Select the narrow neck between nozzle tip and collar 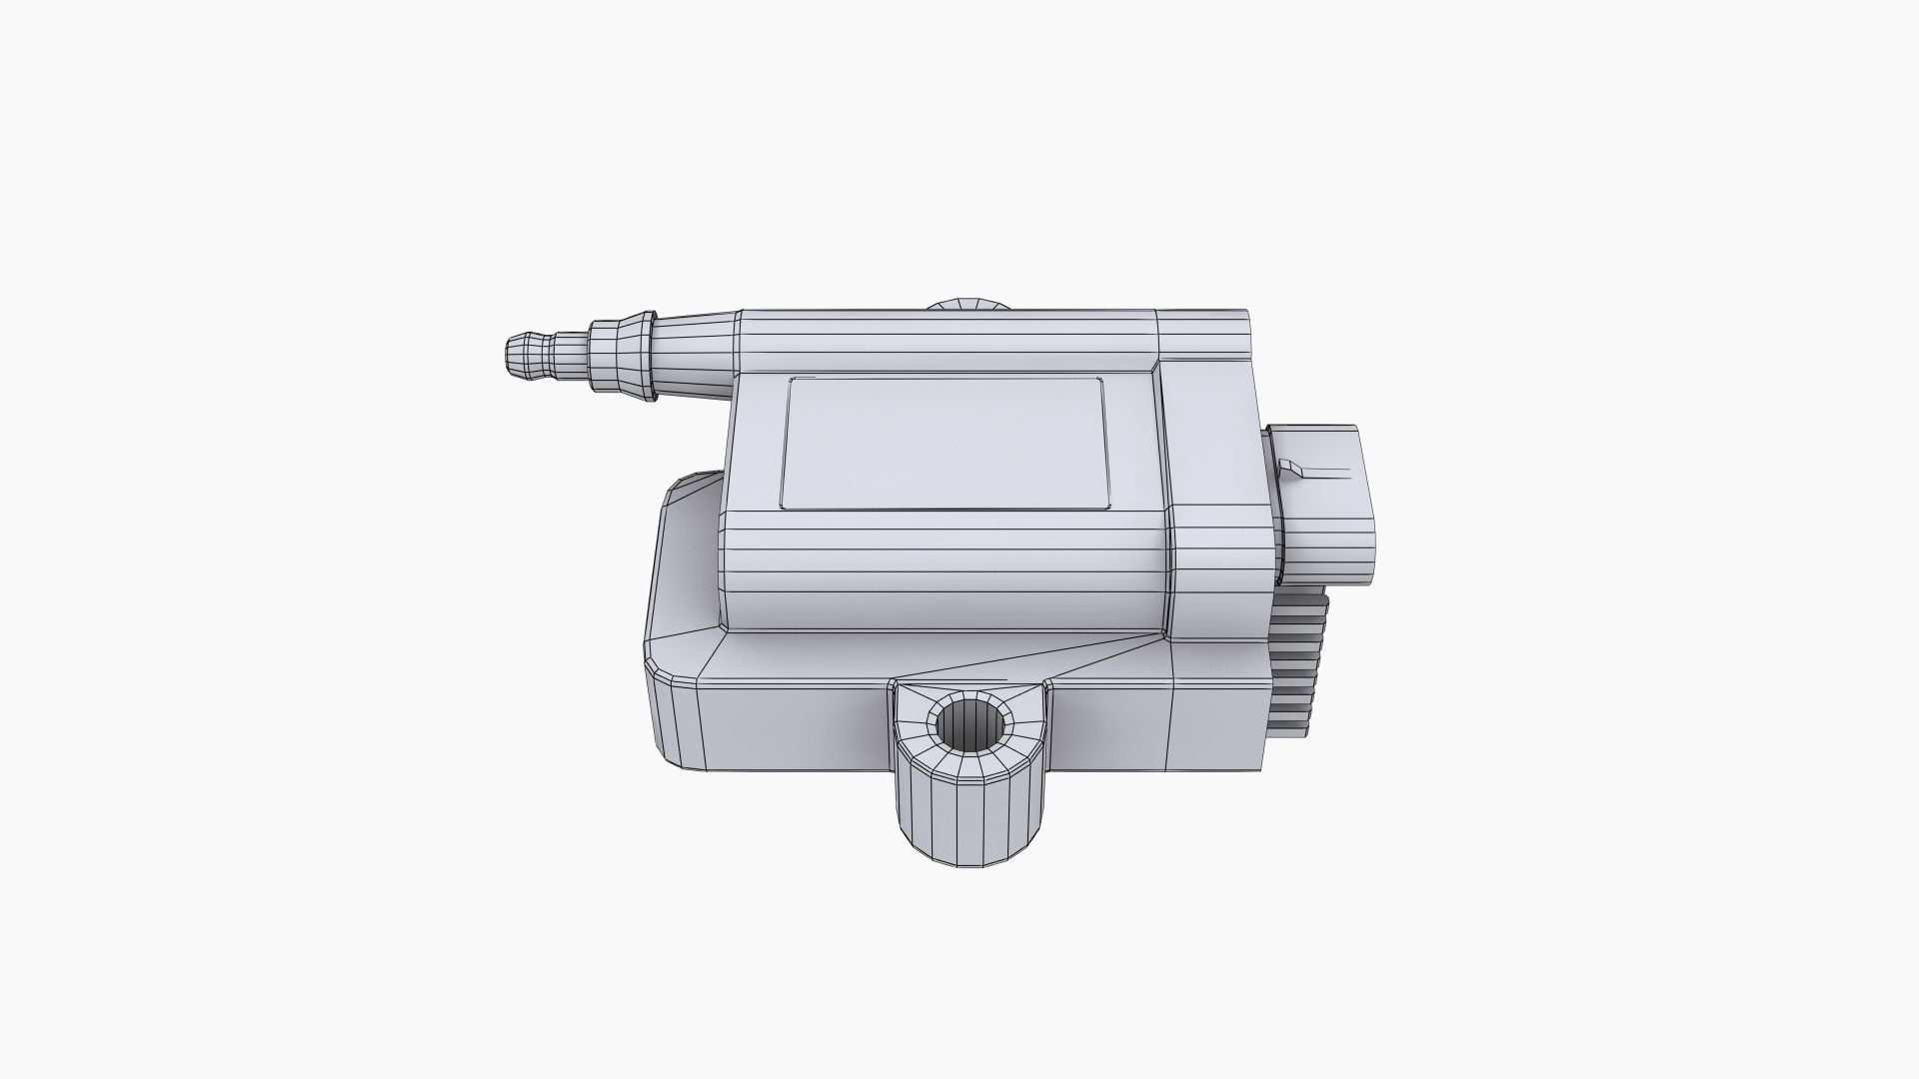tap(569, 358)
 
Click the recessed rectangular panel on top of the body tap(945, 443)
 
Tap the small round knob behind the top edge tap(966, 304)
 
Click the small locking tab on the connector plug tap(1290, 466)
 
